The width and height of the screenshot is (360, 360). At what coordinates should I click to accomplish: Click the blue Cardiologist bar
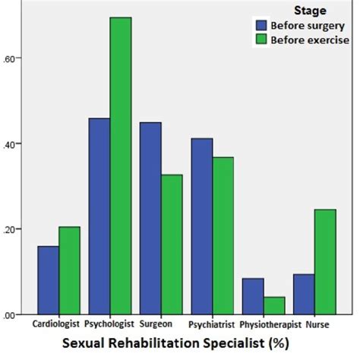48,279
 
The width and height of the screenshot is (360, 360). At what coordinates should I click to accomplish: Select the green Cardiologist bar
69,270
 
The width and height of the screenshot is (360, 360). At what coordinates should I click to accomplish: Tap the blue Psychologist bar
99,216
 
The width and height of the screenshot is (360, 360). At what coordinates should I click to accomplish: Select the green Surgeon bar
172,244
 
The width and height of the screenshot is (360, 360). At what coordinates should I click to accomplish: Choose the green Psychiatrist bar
223,235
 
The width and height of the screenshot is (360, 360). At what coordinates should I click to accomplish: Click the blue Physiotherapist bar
253,295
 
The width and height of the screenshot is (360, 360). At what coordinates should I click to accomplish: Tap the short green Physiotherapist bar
274,305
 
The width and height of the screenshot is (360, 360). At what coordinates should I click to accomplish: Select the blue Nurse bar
304,294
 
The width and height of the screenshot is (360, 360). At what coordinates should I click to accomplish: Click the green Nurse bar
325,261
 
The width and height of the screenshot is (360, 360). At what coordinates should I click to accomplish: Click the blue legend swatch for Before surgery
261,25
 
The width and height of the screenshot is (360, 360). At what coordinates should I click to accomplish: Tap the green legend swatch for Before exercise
261,40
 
